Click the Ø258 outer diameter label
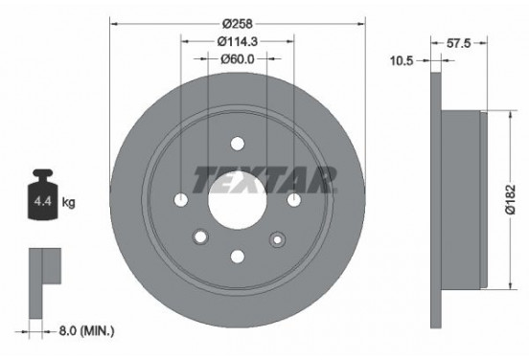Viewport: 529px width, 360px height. pyautogui.click(x=238, y=20)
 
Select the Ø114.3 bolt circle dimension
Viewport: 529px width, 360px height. pyautogui.click(x=238, y=40)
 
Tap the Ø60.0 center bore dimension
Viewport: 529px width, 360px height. pyautogui.click(x=238, y=59)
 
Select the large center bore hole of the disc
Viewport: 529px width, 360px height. pyautogui.click(x=238, y=198)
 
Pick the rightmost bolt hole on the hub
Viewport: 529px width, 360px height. pyautogui.click(x=293, y=199)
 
